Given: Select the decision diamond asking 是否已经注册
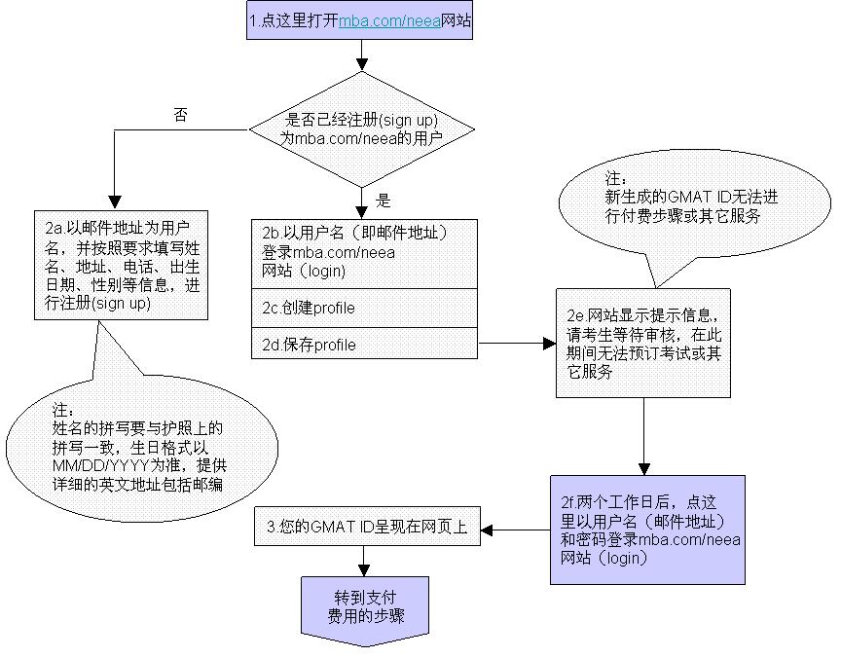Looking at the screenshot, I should (x=362, y=129).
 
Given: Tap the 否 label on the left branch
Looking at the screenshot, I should (x=181, y=115).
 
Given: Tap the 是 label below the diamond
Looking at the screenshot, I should (x=384, y=201).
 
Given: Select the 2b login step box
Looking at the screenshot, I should (x=364, y=253).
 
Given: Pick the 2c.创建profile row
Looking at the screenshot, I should (x=364, y=308).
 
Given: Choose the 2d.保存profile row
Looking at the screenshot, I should (x=364, y=344).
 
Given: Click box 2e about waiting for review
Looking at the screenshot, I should (x=643, y=343).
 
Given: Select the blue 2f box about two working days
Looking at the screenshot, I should (x=647, y=530).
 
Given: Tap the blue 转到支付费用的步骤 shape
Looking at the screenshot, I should (x=366, y=609).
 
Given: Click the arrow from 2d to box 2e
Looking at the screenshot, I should (x=517, y=344).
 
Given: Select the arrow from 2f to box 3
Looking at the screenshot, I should (x=516, y=530).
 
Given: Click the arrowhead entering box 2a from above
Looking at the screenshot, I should (x=116, y=200).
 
